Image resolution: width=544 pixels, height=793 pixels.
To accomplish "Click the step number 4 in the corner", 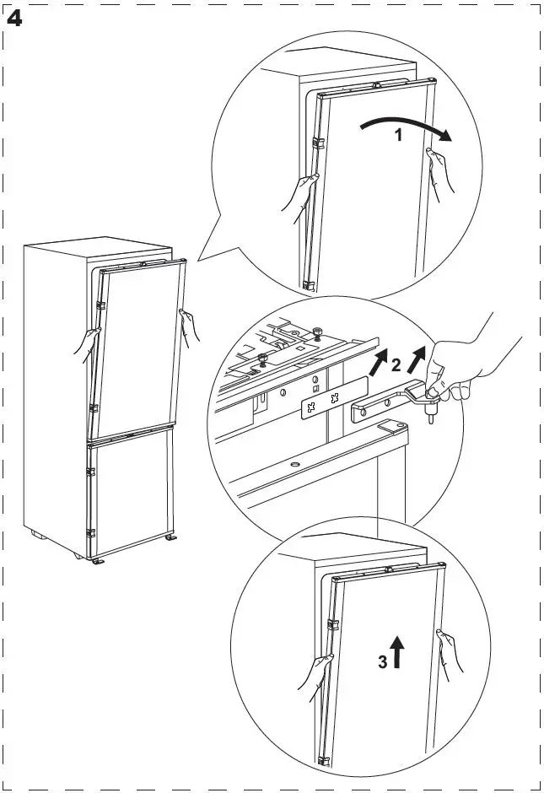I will point(14,18).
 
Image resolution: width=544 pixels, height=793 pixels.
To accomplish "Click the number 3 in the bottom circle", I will point(382,662).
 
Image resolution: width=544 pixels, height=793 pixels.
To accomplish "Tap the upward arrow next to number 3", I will point(397,652).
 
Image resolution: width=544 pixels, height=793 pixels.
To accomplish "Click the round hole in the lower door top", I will point(294,464).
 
